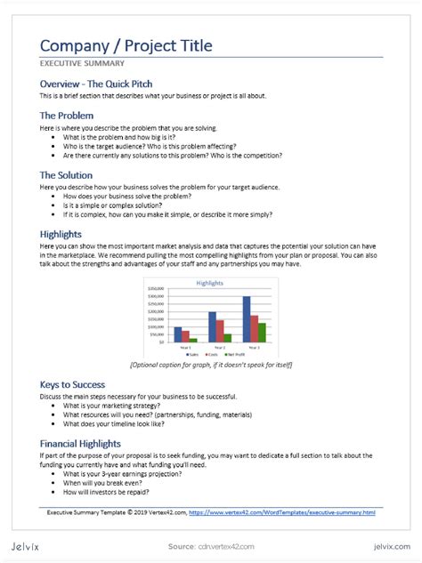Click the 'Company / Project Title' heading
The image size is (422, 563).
tap(126, 45)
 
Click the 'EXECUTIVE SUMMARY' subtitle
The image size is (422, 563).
tap(82, 64)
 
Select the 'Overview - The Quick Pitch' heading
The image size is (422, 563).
tap(102, 84)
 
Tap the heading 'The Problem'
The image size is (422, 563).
tap(67, 116)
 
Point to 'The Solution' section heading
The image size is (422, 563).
tap(67, 175)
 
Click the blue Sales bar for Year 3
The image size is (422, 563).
tap(246, 319)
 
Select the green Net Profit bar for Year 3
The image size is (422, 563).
tap(262, 333)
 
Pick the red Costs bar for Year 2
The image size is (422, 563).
tap(220, 331)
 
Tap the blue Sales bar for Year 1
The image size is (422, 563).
tap(178, 334)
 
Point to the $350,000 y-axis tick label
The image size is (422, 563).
tap(155, 289)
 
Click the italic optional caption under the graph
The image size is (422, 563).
tap(211, 365)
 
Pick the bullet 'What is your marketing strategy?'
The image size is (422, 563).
tap(116, 406)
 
